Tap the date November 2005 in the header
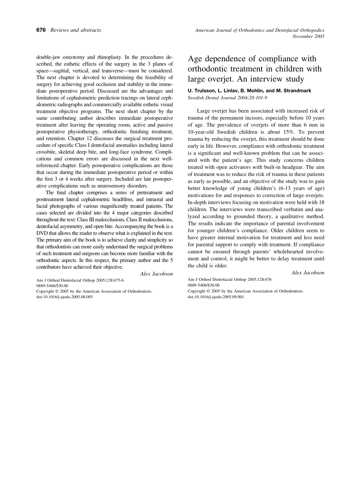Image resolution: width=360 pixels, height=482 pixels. tap(308, 36)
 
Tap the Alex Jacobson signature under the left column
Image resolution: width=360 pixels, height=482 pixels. tap(157, 274)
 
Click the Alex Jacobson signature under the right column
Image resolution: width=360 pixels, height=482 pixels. tap(308, 273)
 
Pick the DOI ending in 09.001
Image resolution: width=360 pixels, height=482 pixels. tap(216, 297)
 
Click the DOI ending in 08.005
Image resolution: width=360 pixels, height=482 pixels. tap(64, 297)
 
